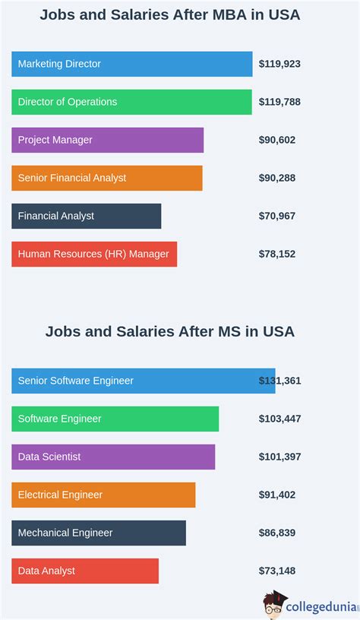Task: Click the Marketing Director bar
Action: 131,64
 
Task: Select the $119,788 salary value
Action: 279,102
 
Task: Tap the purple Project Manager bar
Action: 107,140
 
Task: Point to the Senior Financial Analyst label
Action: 72,178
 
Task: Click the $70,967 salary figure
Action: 277,216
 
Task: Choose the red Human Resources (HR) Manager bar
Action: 94,254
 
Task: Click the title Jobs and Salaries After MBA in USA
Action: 170,15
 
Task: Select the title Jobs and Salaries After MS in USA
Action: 170,331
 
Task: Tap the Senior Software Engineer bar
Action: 143,381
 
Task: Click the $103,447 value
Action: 279,419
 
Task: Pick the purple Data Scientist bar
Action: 113,457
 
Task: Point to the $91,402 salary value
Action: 277,495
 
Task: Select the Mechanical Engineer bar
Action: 99,533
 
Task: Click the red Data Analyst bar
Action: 85,571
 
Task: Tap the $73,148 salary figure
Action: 277,571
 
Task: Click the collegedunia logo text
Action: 322,606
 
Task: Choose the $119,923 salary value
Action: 279,64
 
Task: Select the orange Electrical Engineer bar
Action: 103,495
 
